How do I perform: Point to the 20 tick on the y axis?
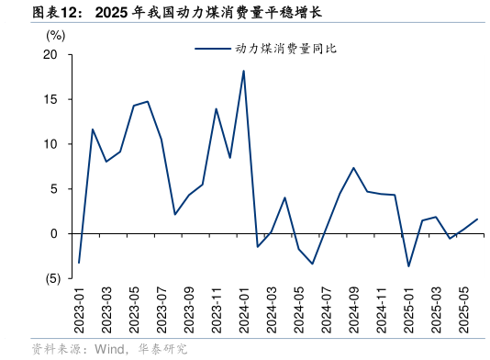[50, 55]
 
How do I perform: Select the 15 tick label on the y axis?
[50, 100]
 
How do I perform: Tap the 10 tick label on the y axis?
[50, 144]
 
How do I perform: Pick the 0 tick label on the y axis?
[54, 234]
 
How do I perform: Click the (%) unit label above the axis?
[55, 35]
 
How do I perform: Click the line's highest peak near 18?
[243, 71]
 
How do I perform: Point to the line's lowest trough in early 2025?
[408, 266]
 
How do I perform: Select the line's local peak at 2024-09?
[353, 168]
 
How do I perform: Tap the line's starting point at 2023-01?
[79, 263]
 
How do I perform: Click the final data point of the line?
[477, 219]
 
